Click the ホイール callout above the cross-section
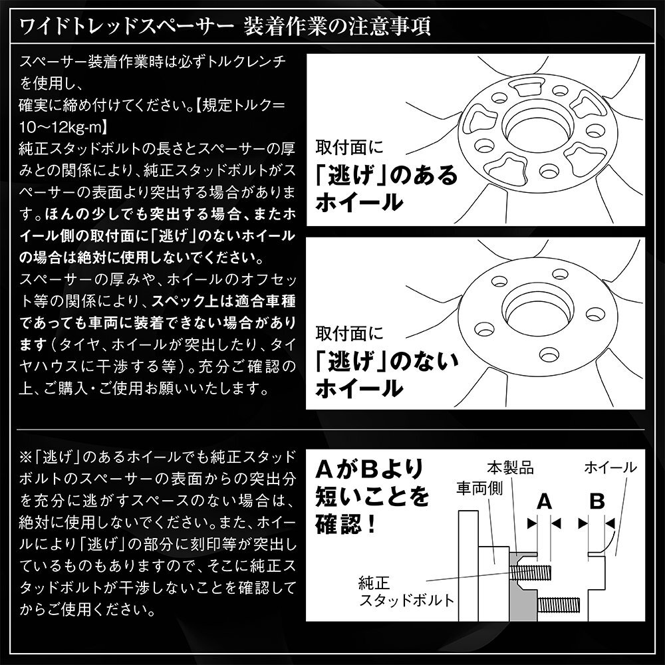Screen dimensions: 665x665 (x=610, y=467)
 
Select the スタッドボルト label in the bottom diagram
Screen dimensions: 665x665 (x=406, y=600)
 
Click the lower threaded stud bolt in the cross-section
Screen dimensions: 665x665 (x=560, y=604)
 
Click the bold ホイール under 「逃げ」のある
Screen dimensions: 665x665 (x=359, y=201)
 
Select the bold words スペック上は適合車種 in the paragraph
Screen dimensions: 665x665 (x=224, y=300)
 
